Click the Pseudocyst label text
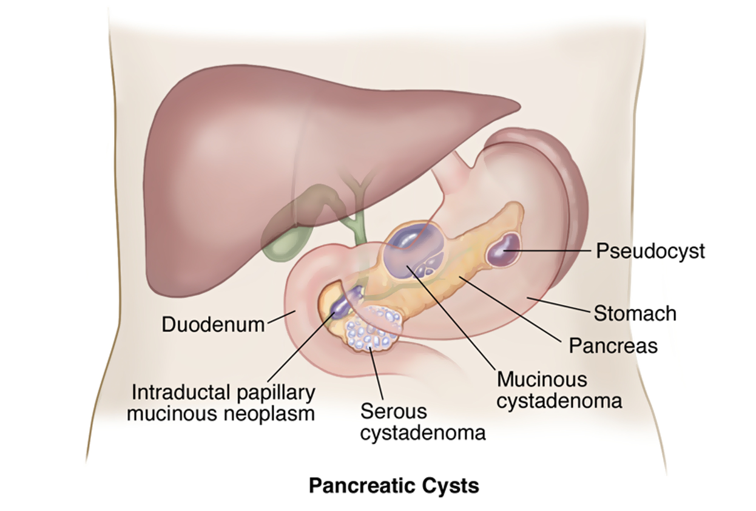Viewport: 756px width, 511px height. click(x=650, y=251)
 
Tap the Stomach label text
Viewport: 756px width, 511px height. click(x=635, y=313)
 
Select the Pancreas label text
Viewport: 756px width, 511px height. click(x=613, y=346)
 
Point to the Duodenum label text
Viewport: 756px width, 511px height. click(x=214, y=324)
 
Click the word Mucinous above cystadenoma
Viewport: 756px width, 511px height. click(x=542, y=379)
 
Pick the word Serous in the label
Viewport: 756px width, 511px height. click(x=394, y=411)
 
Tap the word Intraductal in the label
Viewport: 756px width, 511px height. click(x=181, y=392)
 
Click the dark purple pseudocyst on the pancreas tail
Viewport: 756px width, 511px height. click(x=503, y=250)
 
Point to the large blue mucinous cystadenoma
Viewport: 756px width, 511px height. click(x=413, y=251)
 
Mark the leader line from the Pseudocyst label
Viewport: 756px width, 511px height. click(x=547, y=251)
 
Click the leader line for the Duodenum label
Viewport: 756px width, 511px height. click(x=282, y=317)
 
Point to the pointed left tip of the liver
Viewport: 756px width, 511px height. click(x=521, y=107)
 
